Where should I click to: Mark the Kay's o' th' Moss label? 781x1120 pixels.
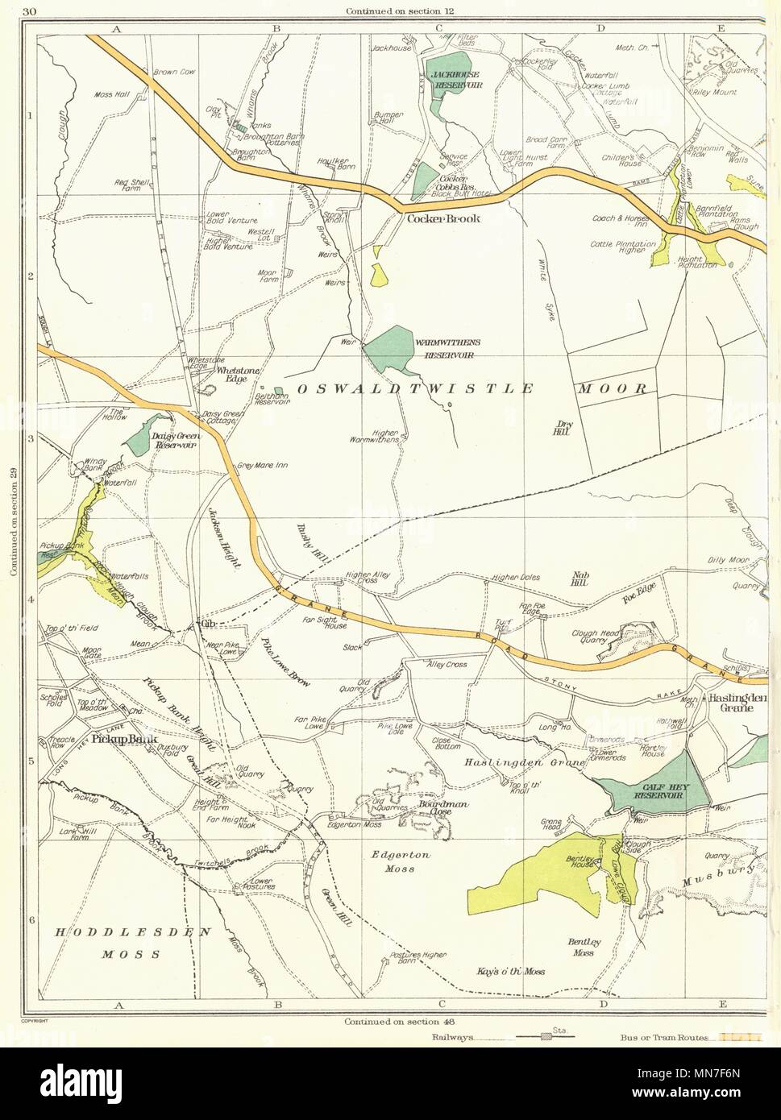510,972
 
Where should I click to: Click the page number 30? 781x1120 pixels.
30,10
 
